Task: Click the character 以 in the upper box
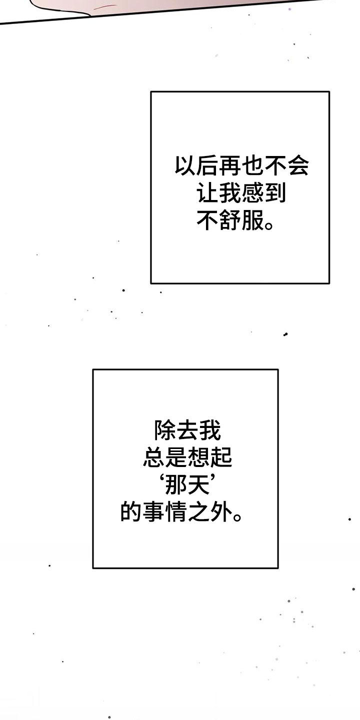186,165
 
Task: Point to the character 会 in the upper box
297,165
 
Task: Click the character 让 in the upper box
208,193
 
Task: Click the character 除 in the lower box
165,430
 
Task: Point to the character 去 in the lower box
187,430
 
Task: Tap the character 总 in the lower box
154,457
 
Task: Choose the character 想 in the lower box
198,457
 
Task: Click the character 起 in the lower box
221,457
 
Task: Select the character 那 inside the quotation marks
176,485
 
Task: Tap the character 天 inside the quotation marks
198,485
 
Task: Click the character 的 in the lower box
131,512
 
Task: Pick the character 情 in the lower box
176,512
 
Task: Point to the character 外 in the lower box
221,512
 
